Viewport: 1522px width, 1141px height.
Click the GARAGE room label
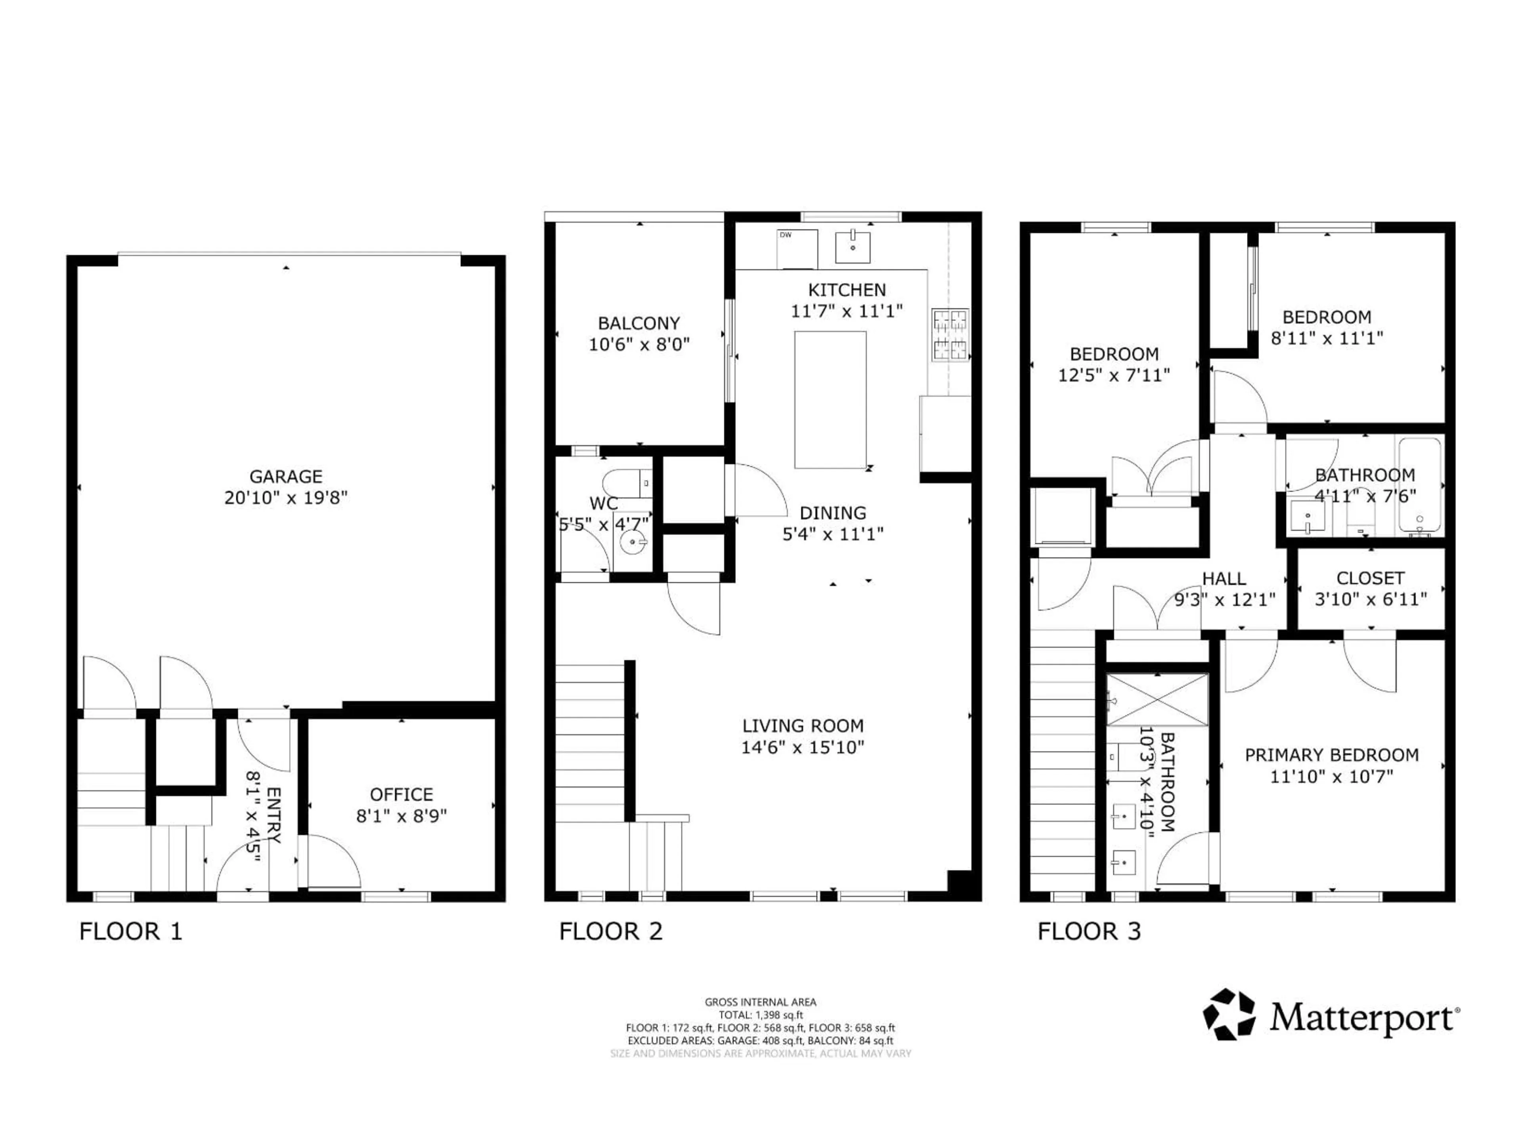(285, 476)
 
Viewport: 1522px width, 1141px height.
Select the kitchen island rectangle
(830, 400)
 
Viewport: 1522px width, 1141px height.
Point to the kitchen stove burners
(950, 335)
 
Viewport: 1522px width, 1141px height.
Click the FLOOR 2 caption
(610, 931)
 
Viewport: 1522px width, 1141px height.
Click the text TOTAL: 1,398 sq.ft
(760, 1015)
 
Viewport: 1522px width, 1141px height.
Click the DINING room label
(833, 512)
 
